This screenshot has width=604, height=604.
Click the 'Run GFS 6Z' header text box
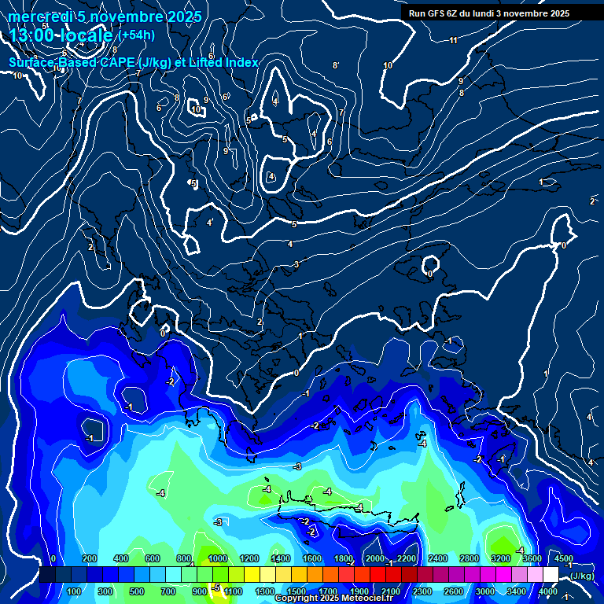click(489, 13)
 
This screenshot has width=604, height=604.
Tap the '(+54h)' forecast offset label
click(138, 35)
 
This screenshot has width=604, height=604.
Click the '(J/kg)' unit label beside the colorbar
click(583, 576)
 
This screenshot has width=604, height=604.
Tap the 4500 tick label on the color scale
click(563, 558)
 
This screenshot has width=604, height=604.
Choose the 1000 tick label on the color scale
click(217, 558)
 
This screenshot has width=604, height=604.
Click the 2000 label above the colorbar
click(375, 558)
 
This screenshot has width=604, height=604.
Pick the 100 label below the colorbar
click(75, 591)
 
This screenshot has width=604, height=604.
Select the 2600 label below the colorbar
click(454, 591)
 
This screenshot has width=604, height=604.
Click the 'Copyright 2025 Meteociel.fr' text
click(333, 598)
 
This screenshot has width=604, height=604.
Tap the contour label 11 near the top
click(453, 40)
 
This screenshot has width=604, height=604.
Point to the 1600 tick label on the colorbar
click(312, 558)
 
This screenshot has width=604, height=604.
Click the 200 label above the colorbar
click(90, 558)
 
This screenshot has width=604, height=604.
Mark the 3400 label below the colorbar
click(517, 591)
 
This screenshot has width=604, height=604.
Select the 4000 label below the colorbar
click(548, 591)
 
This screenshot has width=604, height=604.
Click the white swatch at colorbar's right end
click(551, 575)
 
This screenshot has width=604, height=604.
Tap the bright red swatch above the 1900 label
click(359, 575)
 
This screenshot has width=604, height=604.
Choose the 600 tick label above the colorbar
click(153, 558)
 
